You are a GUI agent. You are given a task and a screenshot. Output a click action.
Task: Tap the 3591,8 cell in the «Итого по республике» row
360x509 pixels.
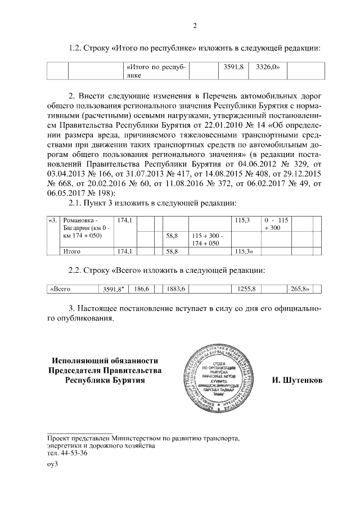tap(232, 66)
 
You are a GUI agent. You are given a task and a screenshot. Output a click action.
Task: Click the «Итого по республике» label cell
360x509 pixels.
tap(156, 70)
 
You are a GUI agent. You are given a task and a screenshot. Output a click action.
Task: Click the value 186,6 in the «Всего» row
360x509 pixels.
tap(142, 289)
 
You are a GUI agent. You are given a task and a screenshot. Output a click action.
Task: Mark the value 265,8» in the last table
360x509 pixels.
tap(300, 289)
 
